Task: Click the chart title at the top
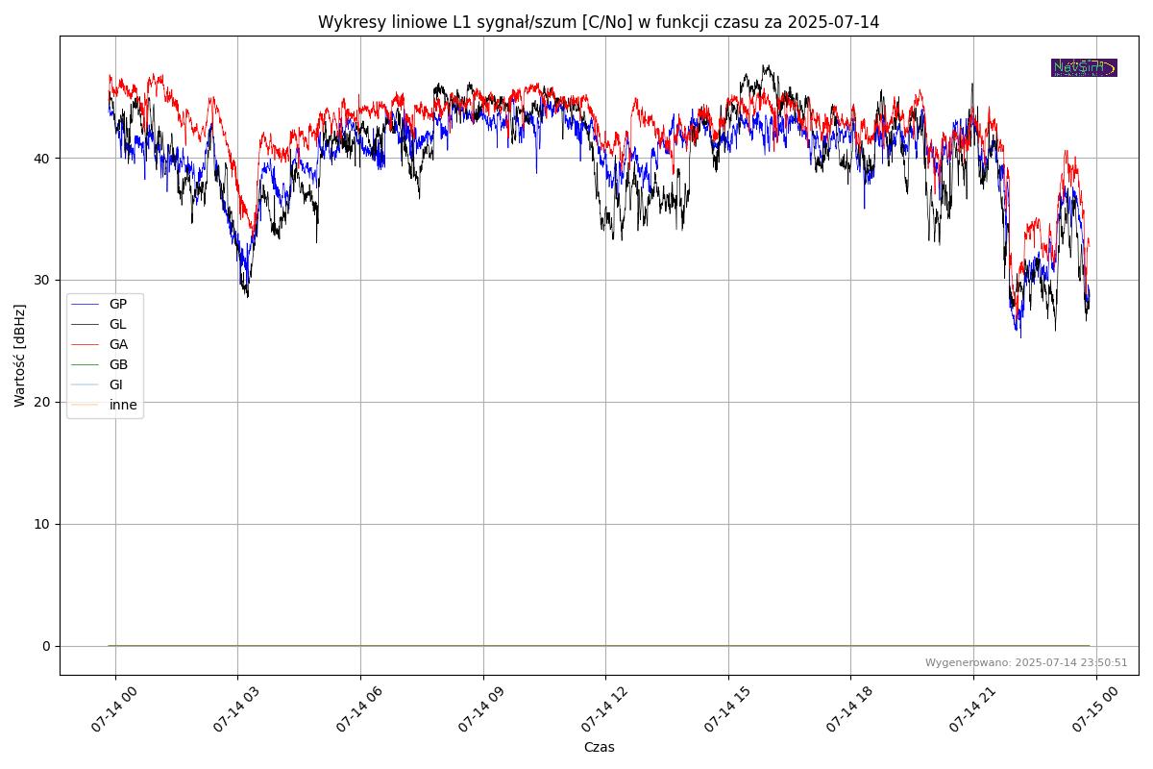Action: point(599,22)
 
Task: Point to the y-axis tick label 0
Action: point(46,646)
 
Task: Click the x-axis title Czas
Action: point(599,747)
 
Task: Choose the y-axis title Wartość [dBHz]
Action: point(20,356)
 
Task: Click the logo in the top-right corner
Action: point(1084,67)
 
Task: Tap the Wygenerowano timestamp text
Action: point(1026,662)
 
